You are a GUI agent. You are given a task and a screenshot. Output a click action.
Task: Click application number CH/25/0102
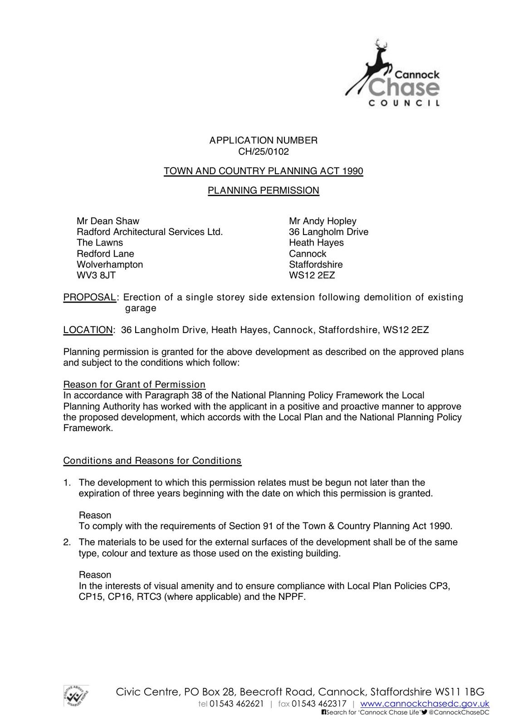pos(263,152)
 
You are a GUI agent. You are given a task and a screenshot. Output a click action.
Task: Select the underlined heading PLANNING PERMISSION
pos(263,191)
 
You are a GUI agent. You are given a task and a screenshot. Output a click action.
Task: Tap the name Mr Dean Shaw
pos(108,221)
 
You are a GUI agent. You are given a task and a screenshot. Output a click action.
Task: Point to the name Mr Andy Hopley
pos(322,221)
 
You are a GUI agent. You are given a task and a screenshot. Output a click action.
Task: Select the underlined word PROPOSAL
pos(89,297)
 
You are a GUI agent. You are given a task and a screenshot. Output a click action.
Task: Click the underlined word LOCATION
pos(88,330)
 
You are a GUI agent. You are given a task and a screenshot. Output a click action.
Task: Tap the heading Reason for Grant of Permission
pos(134,385)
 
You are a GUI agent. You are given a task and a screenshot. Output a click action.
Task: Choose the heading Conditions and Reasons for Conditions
pos(152,461)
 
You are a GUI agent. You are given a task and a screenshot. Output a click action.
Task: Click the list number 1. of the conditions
pos(67,483)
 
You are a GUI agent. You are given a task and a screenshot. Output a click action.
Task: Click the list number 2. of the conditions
pos(67,542)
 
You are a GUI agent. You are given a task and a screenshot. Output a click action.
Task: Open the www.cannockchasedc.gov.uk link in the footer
pos(425,704)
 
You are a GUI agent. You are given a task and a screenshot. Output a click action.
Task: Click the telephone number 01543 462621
pos(236,704)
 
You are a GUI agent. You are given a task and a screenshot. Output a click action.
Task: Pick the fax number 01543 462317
pos(319,704)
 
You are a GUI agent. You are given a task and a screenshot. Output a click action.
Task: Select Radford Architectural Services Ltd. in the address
pos(150,232)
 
